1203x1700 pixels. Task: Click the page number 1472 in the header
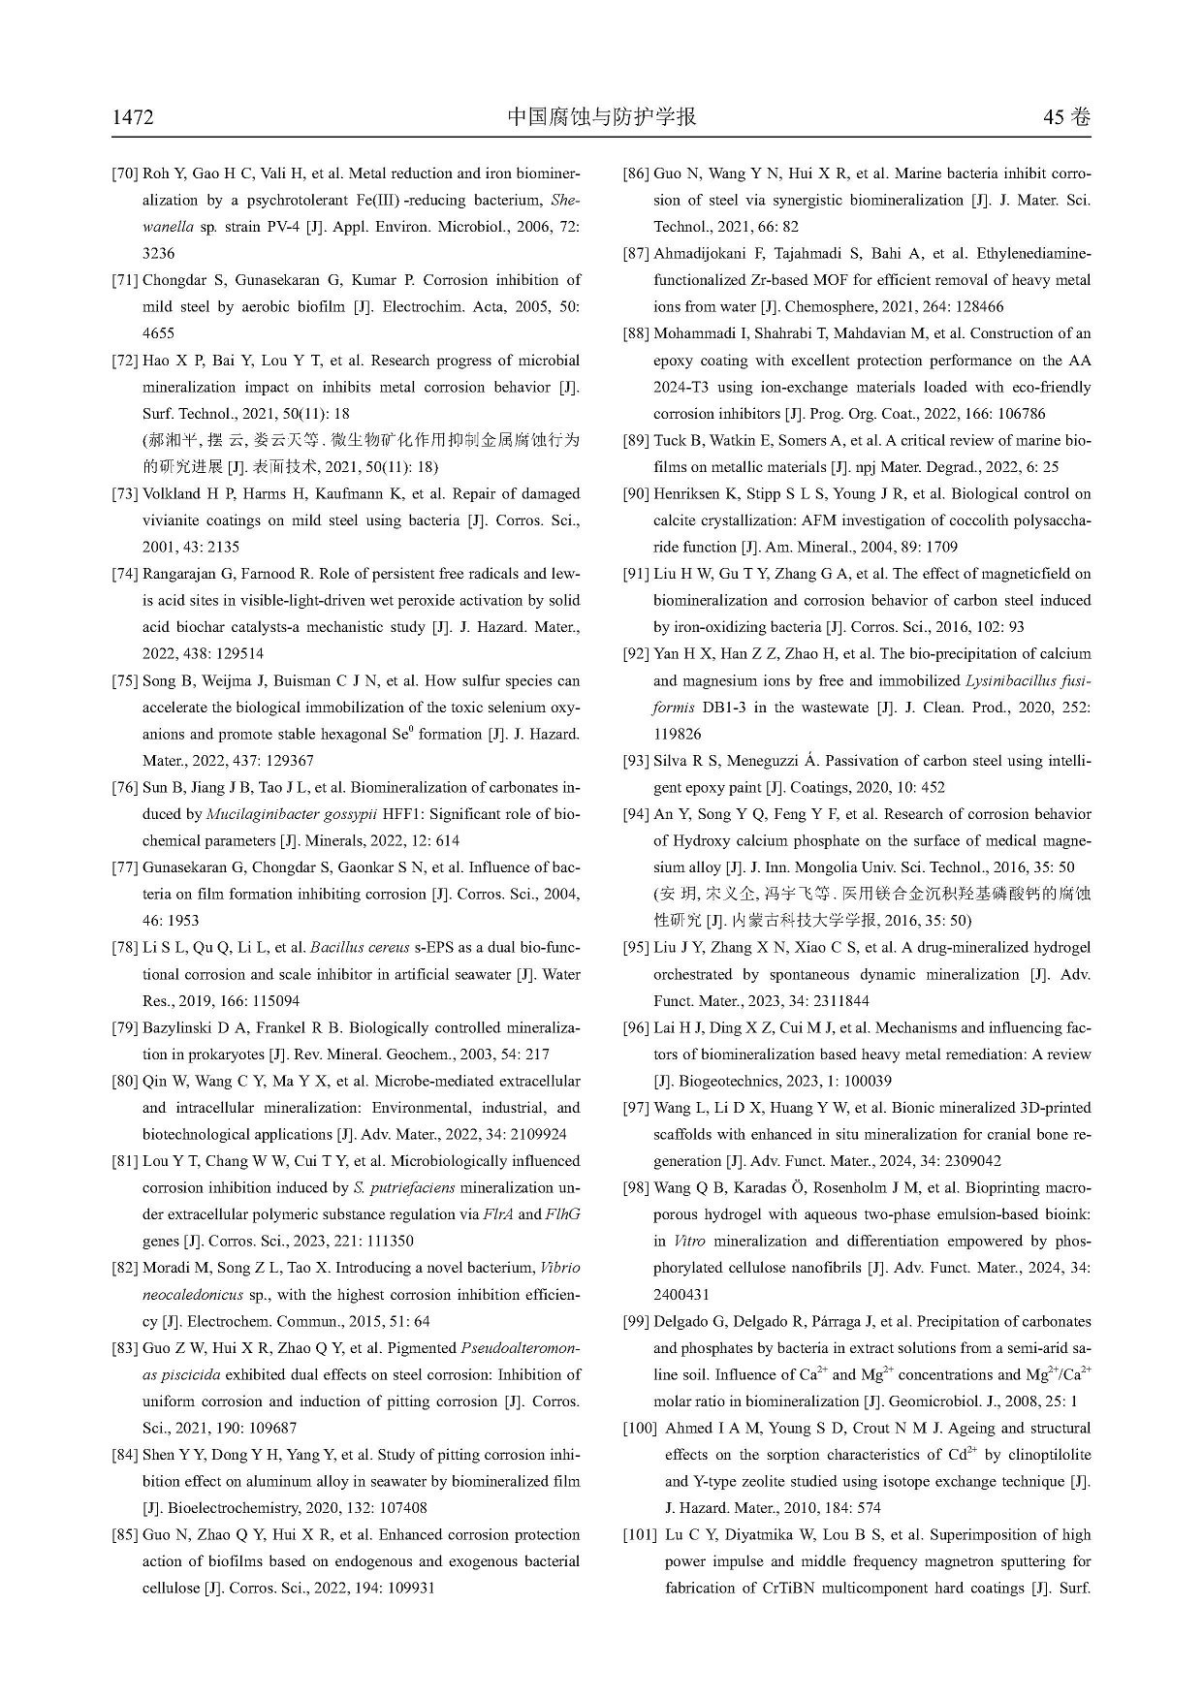pos(133,118)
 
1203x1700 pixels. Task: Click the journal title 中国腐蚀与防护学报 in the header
pos(601,117)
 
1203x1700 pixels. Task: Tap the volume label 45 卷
pos(1066,118)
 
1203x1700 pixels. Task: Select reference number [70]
pos(125,174)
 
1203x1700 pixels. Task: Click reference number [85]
pos(125,1535)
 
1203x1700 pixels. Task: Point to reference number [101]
pos(641,1535)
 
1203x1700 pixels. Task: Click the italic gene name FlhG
pos(563,1214)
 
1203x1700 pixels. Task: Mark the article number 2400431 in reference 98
pos(681,1295)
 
